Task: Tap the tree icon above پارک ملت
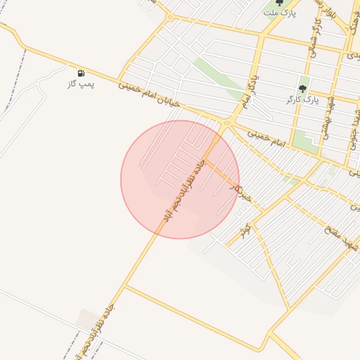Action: point(279,3)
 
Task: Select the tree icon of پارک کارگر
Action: point(303,89)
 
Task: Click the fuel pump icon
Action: point(81,72)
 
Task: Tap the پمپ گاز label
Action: point(81,84)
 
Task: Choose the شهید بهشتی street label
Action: point(330,117)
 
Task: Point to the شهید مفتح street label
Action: point(340,240)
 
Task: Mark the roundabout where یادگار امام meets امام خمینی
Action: point(226,124)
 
